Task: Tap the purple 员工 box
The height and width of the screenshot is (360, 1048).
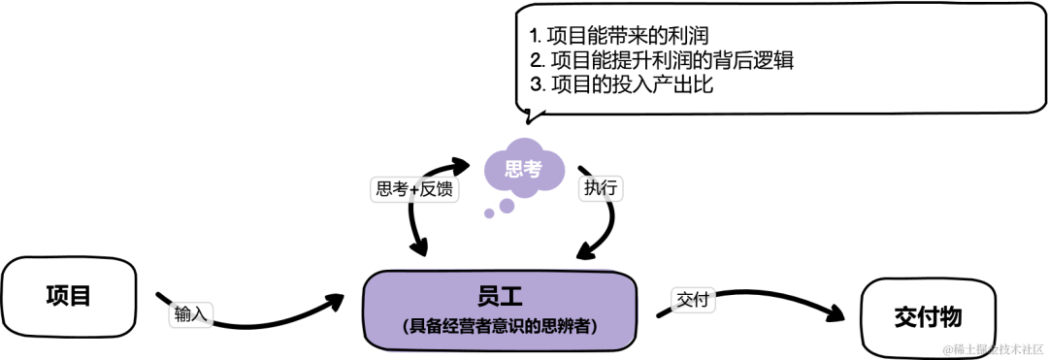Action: [501, 311]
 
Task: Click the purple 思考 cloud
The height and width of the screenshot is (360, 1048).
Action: [523, 170]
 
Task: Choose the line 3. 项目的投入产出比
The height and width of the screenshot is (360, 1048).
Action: [622, 84]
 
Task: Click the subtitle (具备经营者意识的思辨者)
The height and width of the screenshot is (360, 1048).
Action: [500, 327]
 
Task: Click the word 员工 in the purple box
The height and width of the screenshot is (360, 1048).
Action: [501, 295]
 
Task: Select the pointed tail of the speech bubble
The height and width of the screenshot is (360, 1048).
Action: [529, 118]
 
